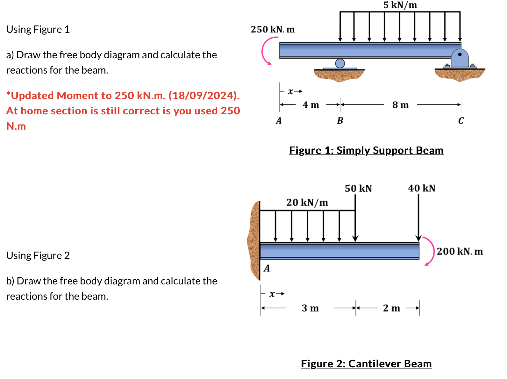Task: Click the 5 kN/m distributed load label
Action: [x=400, y=5]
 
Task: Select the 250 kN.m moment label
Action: [x=273, y=29]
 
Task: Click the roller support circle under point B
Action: [x=340, y=63]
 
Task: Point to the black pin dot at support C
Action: [x=460, y=54]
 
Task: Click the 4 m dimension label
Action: [x=311, y=105]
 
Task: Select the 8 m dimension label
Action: [x=400, y=105]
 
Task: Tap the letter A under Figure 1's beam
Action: [x=279, y=121]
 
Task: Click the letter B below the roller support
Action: [x=340, y=121]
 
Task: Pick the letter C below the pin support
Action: [x=461, y=121]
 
